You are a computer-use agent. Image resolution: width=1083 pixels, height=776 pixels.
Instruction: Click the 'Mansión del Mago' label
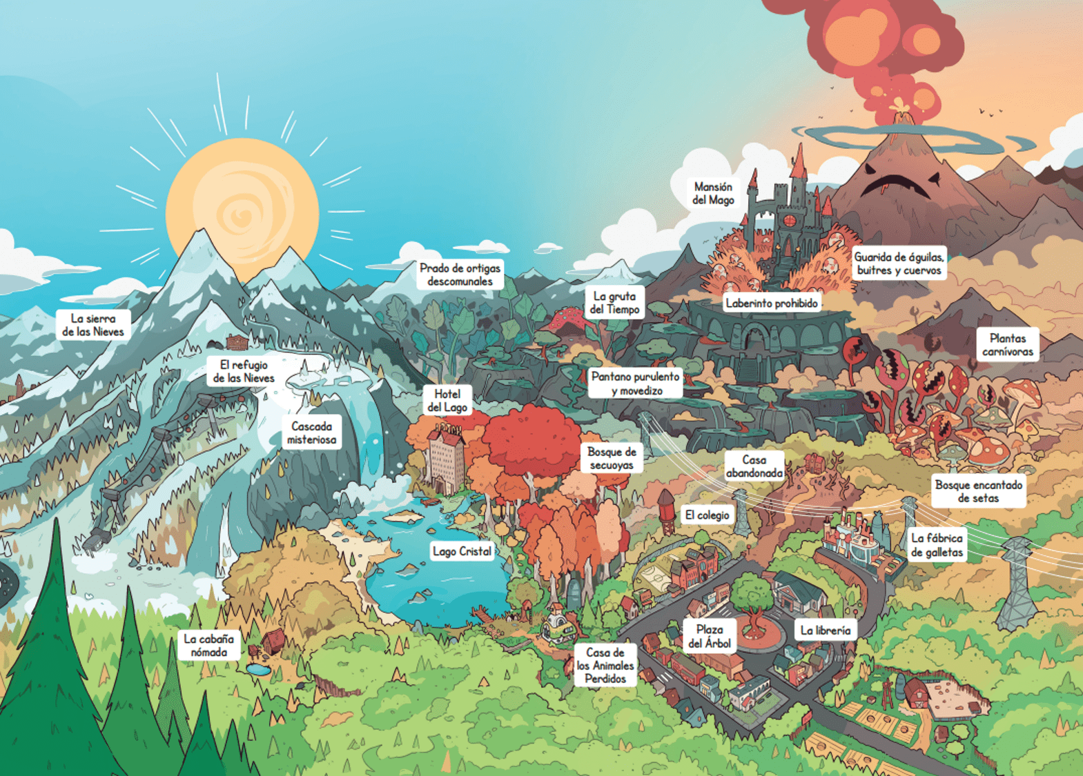pyautogui.click(x=713, y=193)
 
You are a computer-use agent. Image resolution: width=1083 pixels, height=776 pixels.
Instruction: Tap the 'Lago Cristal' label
pyautogui.click(x=462, y=551)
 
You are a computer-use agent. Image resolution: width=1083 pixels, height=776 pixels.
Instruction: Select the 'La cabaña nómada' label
pyautogui.click(x=209, y=645)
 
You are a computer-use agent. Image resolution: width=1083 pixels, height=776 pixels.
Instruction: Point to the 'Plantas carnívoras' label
pyautogui.click(x=1008, y=344)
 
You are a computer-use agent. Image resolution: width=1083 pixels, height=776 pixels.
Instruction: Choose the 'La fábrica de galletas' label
pyautogui.click(x=937, y=545)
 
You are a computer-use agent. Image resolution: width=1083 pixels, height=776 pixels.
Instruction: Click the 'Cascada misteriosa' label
pyautogui.click(x=312, y=432)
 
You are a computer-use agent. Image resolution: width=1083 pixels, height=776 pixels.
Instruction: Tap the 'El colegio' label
pyautogui.click(x=707, y=515)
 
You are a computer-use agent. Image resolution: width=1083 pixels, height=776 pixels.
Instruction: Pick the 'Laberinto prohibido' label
pyautogui.click(x=772, y=303)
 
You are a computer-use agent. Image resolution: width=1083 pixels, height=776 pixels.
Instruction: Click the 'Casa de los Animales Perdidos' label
pyautogui.click(x=605, y=666)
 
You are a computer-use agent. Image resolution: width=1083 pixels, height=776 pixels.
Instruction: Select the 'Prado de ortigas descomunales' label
pyautogui.click(x=460, y=275)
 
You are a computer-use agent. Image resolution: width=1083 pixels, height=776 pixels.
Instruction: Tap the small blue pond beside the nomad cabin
pyautogui.click(x=257, y=669)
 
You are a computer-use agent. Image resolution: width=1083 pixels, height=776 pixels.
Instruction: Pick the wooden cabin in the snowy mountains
pyautogui.click(x=237, y=341)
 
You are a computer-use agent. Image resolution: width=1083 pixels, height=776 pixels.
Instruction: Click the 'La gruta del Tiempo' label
pyautogui.click(x=614, y=303)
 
